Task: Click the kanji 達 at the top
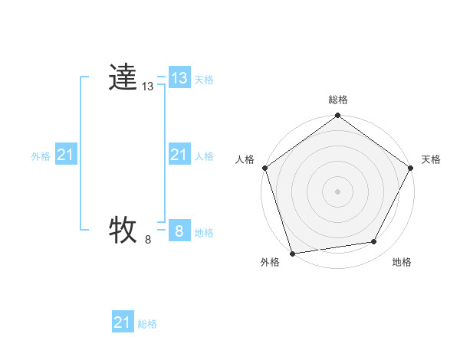point(123,78)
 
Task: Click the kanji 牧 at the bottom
point(123,230)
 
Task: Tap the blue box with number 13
point(179,78)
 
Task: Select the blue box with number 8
point(179,231)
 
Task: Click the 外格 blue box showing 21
point(65,155)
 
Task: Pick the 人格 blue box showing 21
point(179,155)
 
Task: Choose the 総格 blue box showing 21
point(123,322)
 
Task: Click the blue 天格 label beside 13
point(204,80)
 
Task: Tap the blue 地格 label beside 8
point(204,233)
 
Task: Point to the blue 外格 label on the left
point(41,156)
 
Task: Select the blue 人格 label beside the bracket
point(204,156)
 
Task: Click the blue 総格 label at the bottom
point(147,324)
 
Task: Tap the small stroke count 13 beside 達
point(148,87)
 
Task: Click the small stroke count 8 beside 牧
point(148,240)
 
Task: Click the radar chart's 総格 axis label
point(338,100)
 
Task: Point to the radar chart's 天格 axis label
point(431,159)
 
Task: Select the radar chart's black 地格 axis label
point(402,262)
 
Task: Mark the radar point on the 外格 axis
point(293,254)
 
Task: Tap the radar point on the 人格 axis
point(264,168)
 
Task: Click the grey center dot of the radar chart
point(338,191)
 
